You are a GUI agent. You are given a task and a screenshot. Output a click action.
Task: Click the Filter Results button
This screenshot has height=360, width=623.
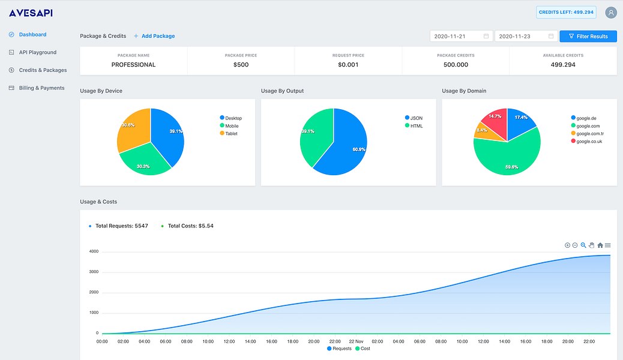click(588, 36)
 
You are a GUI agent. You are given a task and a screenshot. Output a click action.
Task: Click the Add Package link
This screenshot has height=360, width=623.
click(154, 36)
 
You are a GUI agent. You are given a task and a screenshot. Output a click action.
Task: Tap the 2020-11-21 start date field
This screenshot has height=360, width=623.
click(462, 36)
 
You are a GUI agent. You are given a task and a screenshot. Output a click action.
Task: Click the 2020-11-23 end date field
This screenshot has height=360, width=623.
click(526, 36)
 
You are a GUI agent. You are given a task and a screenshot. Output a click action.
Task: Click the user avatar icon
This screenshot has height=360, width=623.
click(610, 13)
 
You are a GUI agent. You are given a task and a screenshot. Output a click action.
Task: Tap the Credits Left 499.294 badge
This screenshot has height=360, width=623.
click(566, 13)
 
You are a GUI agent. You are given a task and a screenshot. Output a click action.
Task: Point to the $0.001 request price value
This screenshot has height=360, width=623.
click(348, 65)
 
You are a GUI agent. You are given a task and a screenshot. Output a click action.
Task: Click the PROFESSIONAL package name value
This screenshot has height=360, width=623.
click(133, 65)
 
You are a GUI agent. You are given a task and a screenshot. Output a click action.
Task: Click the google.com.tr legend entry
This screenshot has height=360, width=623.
click(588, 134)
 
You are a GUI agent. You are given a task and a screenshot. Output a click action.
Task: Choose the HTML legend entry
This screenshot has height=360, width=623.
click(414, 126)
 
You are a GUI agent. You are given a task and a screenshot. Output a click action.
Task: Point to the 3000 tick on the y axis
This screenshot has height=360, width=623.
click(94, 272)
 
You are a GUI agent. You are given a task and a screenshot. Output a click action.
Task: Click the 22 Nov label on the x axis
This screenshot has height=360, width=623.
click(356, 341)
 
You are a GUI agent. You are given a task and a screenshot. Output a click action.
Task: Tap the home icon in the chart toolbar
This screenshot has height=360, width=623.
click(600, 245)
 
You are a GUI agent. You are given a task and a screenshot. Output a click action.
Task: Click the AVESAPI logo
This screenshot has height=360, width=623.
click(31, 13)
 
